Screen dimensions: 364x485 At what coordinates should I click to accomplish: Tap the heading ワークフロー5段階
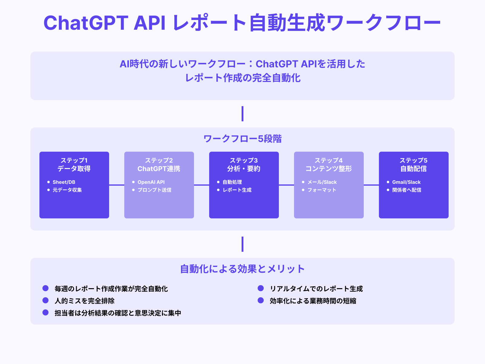click(x=242, y=139)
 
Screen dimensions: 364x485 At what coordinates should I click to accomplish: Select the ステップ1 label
click(x=74, y=160)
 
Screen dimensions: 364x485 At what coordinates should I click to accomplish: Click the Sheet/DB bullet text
click(x=64, y=182)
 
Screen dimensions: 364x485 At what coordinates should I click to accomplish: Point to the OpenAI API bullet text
click(x=151, y=182)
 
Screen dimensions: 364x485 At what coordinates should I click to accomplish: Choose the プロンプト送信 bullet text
click(x=154, y=190)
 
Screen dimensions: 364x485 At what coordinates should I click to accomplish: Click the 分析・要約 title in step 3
click(x=244, y=169)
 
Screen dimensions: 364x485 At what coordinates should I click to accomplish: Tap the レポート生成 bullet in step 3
click(x=237, y=190)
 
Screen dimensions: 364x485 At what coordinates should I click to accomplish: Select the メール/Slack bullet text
click(x=322, y=182)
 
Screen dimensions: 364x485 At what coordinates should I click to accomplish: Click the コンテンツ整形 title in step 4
click(x=329, y=169)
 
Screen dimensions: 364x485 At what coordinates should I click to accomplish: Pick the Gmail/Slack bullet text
click(x=406, y=182)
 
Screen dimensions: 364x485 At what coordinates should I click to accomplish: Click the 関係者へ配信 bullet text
click(x=406, y=190)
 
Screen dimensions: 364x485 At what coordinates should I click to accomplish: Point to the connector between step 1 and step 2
click(x=117, y=185)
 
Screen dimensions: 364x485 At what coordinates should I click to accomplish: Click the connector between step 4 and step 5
click(x=371, y=185)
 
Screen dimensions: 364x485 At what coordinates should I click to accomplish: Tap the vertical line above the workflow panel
click(x=242, y=114)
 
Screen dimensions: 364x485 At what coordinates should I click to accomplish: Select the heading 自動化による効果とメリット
click(x=242, y=269)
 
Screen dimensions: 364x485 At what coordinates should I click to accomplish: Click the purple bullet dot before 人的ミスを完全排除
click(x=45, y=300)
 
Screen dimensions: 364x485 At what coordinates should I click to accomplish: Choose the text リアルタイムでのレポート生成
click(x=316, y=288)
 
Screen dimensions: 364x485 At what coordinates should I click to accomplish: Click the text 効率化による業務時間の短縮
click(x=313, y=301)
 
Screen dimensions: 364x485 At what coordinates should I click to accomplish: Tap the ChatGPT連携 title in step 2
click(x=159, y=169)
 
